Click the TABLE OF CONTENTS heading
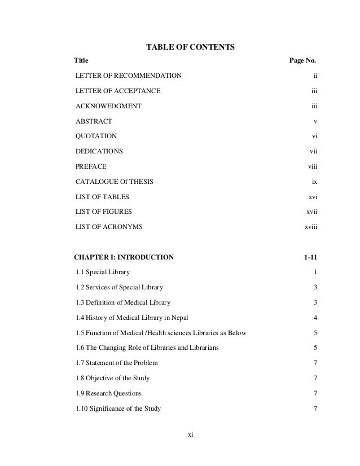click(x=190, y=46)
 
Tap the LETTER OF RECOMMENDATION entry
click(x=129, y=75)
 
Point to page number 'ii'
click(x=315, y=75)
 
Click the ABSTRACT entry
click(x=94, y=121)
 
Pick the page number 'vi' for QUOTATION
click(x=315, y=137)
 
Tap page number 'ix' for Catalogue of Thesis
click(x=315, y=182)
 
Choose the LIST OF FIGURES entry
click(x=104, y=212)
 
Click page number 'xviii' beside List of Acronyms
click(x=311, y=227)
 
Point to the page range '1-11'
click(x=310, y=257)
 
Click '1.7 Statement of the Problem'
click(x=117, y=362)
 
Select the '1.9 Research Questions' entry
click(x=108, y=393)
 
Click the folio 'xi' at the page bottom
click(x=190, y=434)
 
